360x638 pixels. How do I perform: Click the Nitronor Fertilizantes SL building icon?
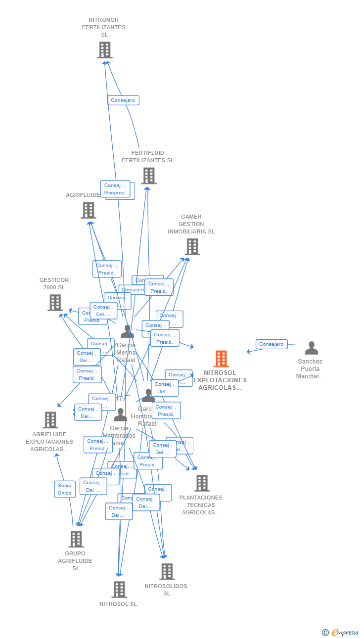(104, 50)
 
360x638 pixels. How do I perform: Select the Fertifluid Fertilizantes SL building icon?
(148, 176)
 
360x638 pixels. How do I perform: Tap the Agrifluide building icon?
(88, 210)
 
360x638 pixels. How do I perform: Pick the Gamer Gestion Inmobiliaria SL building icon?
(192, 246)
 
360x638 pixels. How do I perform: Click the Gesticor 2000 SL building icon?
(55, 302)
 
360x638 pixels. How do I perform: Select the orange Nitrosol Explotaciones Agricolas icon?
(221, 359)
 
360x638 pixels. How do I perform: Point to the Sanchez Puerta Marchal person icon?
(311, 348)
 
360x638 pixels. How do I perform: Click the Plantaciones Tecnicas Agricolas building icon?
(201, 483)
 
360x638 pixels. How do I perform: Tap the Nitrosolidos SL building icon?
(167, 572)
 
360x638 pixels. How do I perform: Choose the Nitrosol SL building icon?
(119, 589)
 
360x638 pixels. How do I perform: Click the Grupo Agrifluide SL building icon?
(76, 539)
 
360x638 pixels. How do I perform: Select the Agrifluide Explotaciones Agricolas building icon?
(50, 420)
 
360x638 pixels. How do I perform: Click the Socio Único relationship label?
(65, 489)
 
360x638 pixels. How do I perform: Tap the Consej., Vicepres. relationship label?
(115, 189)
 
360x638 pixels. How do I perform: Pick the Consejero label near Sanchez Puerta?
(271, 344)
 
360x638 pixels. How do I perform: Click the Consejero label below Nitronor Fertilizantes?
(123, 100)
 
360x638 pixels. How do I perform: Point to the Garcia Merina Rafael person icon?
(127, 331)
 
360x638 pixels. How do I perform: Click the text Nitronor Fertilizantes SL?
(104, 27)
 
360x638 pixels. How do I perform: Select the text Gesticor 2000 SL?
(54, 284)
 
